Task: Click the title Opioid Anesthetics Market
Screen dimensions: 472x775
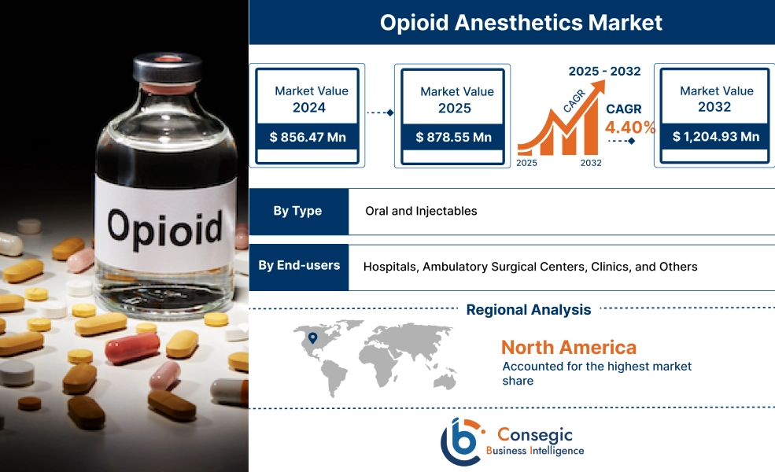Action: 521,22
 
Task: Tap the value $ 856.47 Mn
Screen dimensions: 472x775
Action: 307,137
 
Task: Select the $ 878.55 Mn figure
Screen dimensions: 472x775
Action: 452,137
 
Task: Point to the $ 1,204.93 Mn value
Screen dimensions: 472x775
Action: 715,137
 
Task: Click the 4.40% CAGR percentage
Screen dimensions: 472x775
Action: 629,127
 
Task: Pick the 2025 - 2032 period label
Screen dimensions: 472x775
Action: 604,71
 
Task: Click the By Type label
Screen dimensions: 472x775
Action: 298,211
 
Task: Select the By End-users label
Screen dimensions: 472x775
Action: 299,265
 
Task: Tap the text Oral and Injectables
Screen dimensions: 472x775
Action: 421,211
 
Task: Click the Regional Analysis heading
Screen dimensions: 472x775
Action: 528,310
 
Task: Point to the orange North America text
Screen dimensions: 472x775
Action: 568,347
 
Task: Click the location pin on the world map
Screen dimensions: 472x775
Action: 312,338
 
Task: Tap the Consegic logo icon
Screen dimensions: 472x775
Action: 462,441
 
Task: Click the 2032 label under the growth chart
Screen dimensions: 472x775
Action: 590,163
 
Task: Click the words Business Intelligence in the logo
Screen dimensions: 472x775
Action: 535,451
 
